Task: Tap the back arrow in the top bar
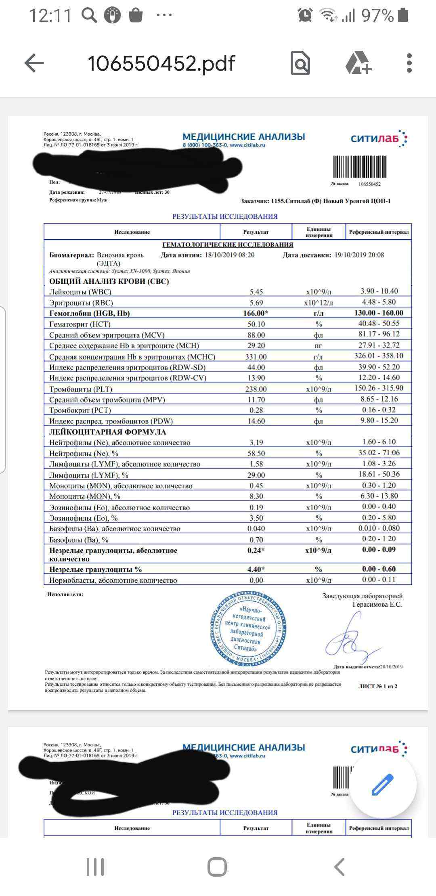(34, 63)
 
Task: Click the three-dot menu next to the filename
(409, 63)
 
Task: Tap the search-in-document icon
(300, 63)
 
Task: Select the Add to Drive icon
(358, 63)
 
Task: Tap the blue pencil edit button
(382, 785)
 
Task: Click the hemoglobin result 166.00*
(256, 313)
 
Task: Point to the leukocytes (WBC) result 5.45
(256, 292)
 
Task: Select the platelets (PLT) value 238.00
(256, 389)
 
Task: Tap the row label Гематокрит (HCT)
(80, 324)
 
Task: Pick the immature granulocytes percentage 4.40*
(256, 569)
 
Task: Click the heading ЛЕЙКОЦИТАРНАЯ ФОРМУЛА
(108, 432)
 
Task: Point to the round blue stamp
(248, 629)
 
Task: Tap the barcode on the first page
(359, 167)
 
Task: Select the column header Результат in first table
(256, 232)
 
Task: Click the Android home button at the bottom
(217, 867)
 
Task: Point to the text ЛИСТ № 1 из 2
(377, 686)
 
